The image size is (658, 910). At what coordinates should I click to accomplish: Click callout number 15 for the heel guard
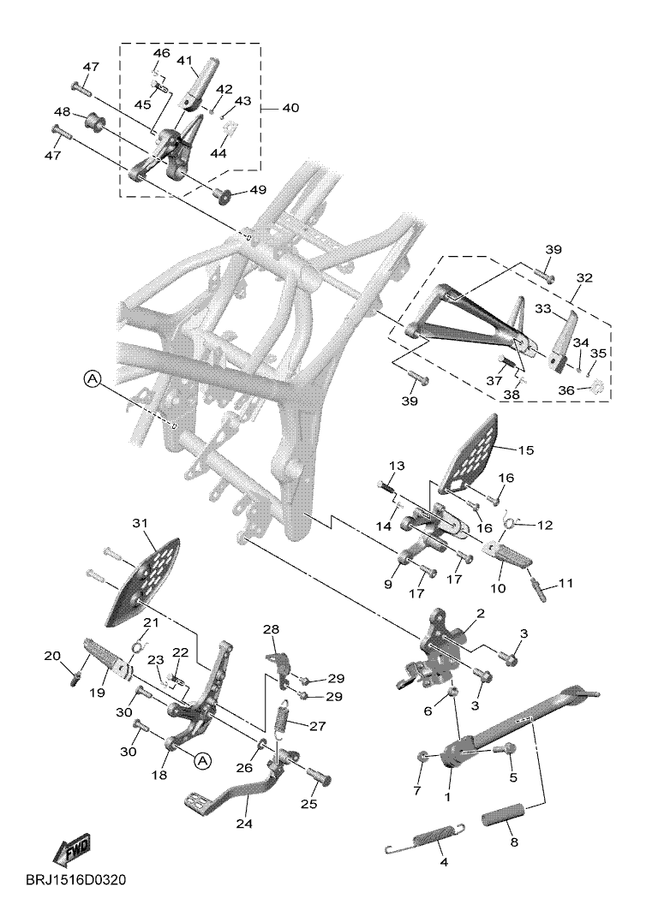(525, 449)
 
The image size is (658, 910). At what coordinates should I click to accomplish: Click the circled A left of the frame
(93, 378)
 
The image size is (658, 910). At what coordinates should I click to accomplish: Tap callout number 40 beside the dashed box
(290, 109)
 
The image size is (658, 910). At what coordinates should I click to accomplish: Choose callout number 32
(584, 278)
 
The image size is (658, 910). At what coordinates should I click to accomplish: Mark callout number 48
(86, 112)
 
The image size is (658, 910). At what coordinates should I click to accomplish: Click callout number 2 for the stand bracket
(481, 613)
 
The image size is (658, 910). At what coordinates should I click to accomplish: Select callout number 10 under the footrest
(498, 588)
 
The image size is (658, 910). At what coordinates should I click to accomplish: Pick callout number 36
(568, 390)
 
